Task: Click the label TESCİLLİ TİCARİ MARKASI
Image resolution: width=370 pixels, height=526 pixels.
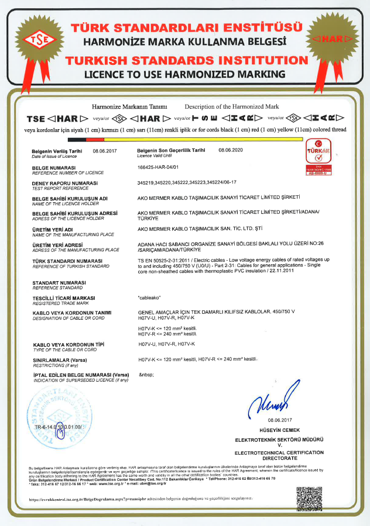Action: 64,298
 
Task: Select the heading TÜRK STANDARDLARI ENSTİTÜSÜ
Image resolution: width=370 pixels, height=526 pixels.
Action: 187,27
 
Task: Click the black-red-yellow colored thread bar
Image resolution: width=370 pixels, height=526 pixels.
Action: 186,139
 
